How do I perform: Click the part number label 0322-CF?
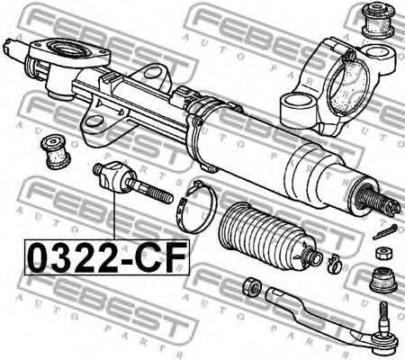[100, 256]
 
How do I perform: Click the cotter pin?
[382, 232]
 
